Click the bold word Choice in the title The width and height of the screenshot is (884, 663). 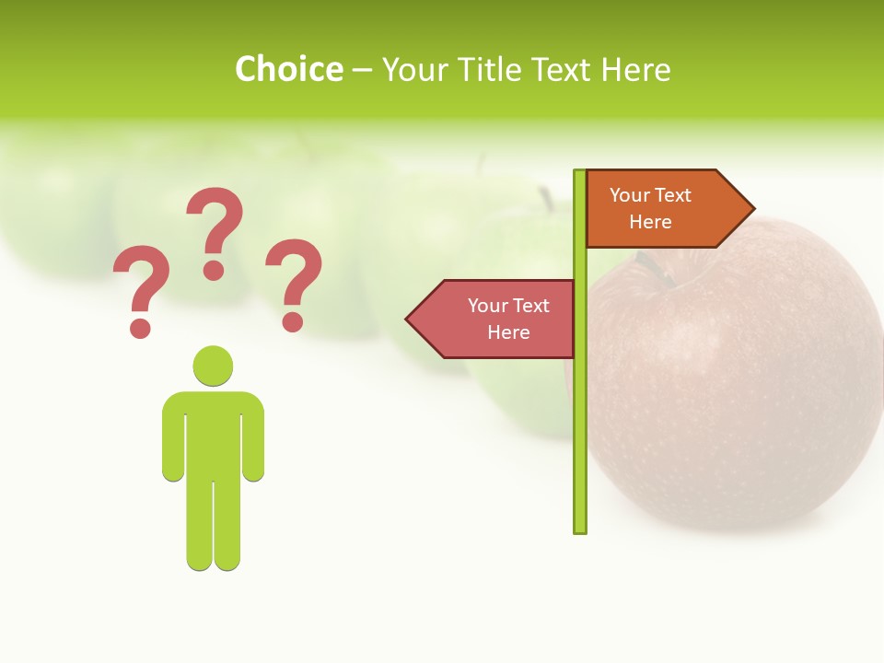pos(288,69)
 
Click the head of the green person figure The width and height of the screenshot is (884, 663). pos(213,365)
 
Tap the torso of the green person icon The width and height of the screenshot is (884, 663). pos(213,433)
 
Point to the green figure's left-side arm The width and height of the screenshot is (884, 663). pos(172,442)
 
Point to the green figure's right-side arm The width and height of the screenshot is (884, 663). pos(254,442)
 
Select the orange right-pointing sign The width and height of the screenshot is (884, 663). pos(658,208)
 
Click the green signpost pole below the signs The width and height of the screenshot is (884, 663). pos(579,442)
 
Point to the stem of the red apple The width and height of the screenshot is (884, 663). pos(650,267)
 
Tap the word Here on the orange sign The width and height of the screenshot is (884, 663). pos(650,222)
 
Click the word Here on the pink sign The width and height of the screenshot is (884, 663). pos(508,332)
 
